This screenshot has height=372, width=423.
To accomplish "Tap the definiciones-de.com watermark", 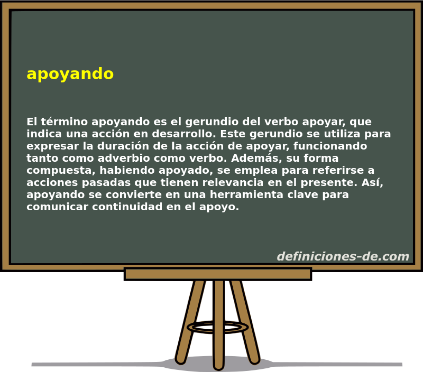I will click(x=343, y=256).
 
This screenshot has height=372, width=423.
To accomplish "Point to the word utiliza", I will click(x=340, y=134).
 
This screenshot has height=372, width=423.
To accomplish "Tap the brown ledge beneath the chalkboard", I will click(x=217, y=274).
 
